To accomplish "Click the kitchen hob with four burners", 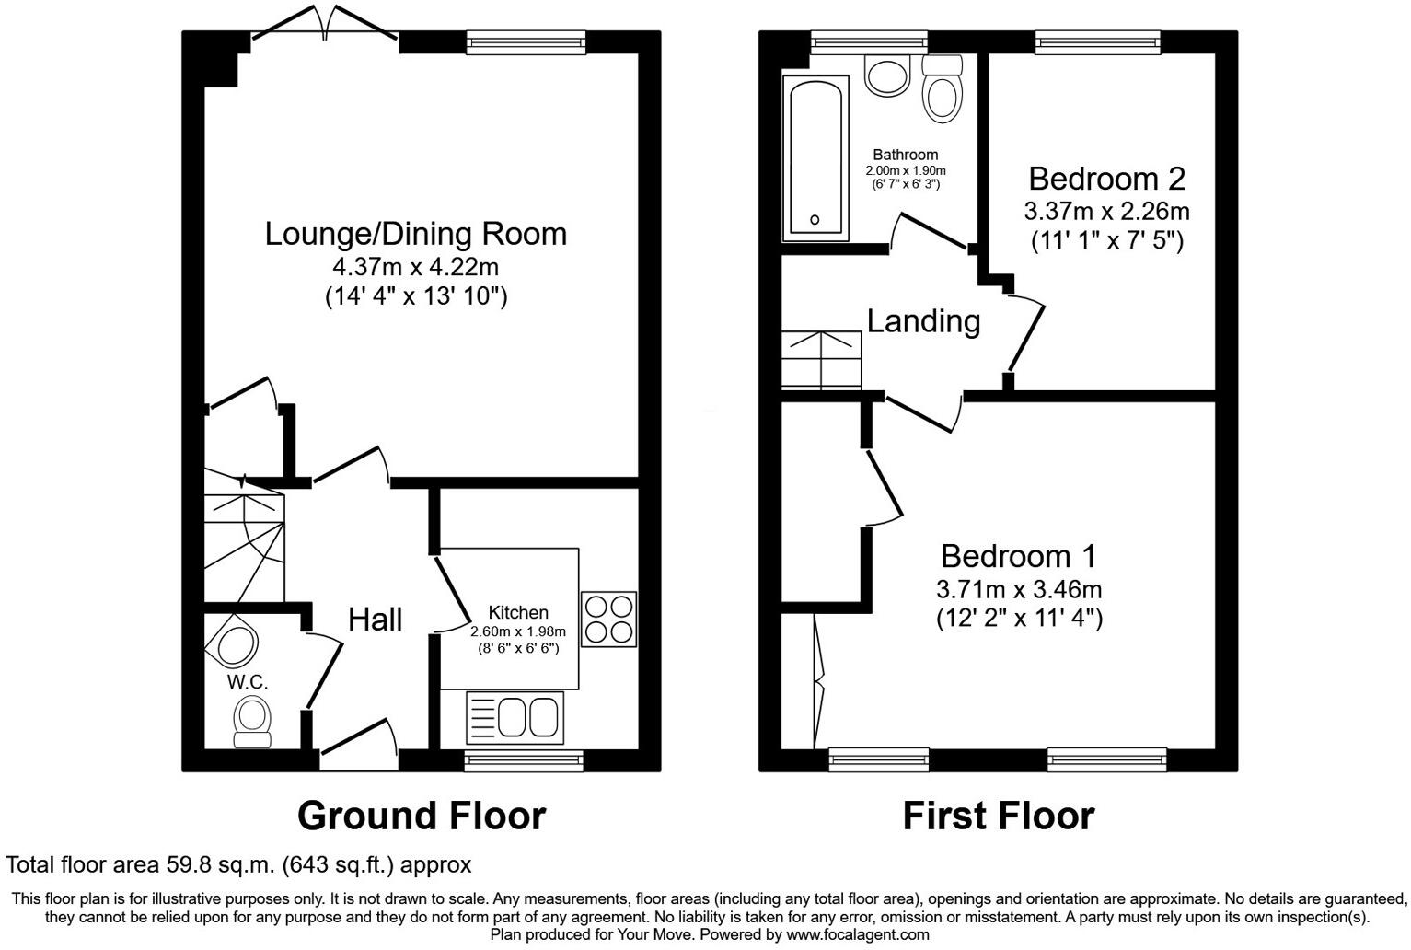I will (608, 619).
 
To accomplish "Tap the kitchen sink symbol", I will (515, 717).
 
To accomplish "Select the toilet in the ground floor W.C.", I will (251, 721).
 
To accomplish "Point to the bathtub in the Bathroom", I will (815, 158).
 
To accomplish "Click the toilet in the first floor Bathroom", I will (942, 88).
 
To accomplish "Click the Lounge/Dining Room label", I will (415, 234).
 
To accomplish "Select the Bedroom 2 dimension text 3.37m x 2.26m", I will (1106, 212).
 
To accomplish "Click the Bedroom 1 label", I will (1018, 556).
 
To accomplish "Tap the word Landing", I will (923, 321).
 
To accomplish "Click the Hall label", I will (375, 620).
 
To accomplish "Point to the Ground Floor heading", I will (422, 816).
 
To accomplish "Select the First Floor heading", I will (998, 816).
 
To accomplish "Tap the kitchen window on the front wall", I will (524, 759).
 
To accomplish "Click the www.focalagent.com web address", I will (857, 934).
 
